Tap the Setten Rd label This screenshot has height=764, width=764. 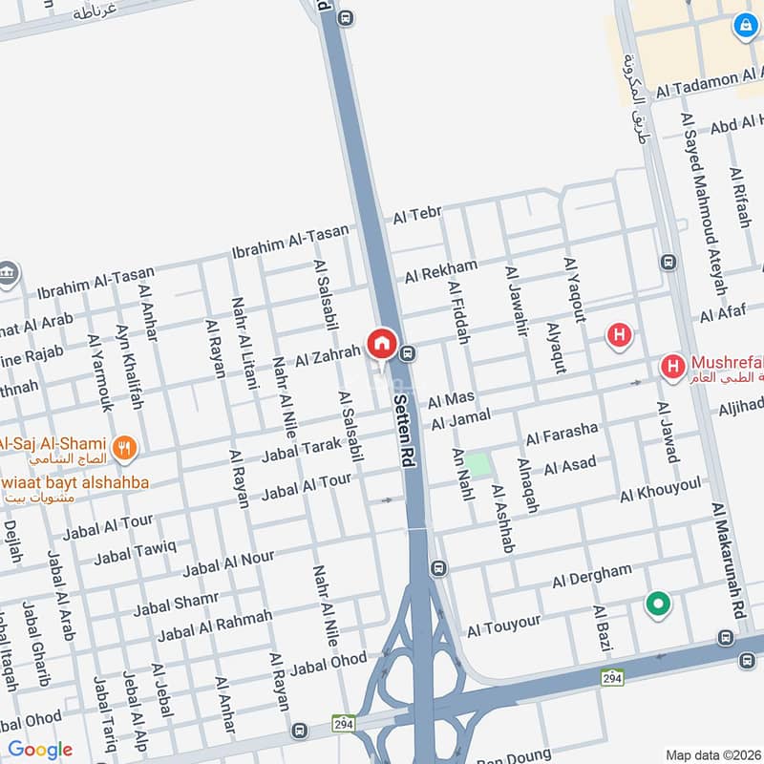404,432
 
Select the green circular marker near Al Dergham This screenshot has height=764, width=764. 657,604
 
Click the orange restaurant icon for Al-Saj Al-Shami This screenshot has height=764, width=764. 124,446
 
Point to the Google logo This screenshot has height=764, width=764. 39,750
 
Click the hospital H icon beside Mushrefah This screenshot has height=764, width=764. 672,366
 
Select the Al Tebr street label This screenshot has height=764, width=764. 416,217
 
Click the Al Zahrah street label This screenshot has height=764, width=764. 328,358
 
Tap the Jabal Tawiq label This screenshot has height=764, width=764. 136,551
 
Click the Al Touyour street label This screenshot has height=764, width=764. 503,626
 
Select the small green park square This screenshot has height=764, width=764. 478,465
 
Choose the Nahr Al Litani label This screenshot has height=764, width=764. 244,343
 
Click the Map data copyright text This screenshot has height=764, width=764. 712,754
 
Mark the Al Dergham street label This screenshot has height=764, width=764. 591,576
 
